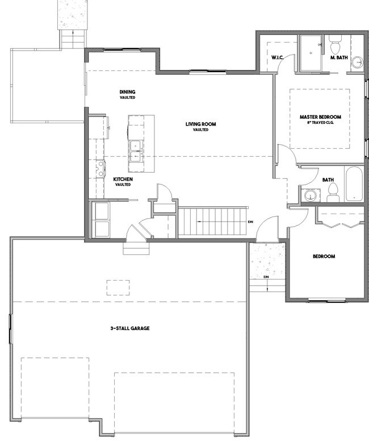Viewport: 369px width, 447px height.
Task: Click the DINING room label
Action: pos(127,92)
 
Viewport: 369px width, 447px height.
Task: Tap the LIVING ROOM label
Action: pos(200,124)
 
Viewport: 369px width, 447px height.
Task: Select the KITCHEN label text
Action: pos(123,179)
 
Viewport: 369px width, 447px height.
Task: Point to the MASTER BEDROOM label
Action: pos(320,117)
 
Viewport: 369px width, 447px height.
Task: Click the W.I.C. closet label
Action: pos(277,57)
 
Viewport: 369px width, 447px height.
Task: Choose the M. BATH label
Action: pos(339,57)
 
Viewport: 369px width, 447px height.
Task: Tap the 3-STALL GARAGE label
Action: pos(130,328)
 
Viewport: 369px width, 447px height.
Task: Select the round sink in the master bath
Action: pos(357,62)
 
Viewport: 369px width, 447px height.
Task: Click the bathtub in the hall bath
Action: pos(354,184)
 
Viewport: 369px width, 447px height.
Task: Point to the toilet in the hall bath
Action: pos(333,193)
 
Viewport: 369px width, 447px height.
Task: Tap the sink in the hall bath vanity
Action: pos(310,195)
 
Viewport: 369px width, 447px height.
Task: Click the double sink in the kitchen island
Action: pos(136,151)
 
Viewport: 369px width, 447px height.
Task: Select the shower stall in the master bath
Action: pos(311,53)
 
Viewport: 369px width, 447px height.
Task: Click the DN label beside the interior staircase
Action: pos(250,222)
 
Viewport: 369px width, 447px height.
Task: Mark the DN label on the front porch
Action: pos(266,277)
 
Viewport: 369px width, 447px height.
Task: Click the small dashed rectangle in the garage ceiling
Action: pos(118,287)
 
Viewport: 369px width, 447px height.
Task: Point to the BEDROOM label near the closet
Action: pos(324,256)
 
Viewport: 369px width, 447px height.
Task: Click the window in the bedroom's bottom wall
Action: pos(327,300)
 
